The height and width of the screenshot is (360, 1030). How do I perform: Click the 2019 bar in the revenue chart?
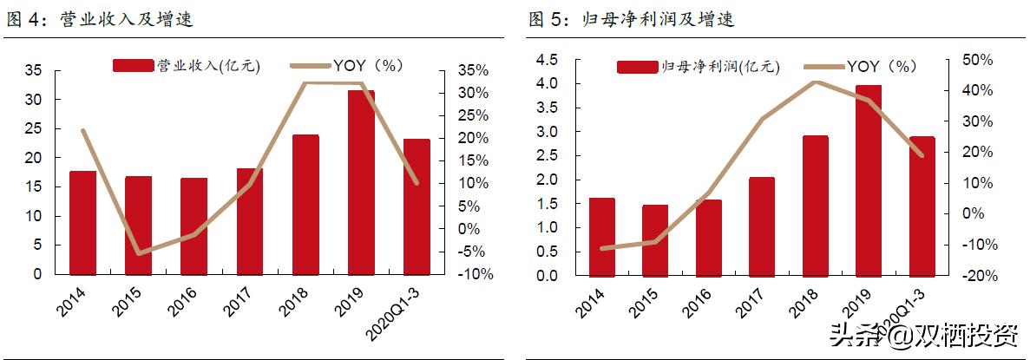pos(361,182)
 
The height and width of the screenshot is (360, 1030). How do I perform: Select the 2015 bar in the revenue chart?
pos(138,225)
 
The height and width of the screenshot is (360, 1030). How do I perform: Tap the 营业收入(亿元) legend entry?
pos(187,65)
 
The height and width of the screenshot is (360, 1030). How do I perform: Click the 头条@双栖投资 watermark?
pos(923,335)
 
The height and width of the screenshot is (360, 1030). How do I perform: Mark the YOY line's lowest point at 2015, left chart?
pos(138,253)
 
